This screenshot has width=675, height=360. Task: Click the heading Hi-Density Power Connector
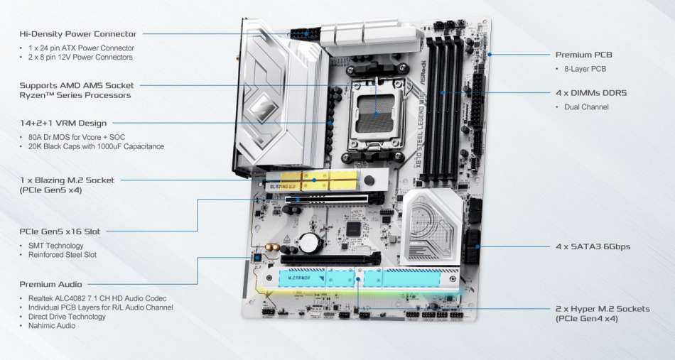click(78, 33)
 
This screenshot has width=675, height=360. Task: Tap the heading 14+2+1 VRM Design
click(63, 123)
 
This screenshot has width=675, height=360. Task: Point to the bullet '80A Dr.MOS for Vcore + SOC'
click(77, 136)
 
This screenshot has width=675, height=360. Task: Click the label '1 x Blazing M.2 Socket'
click(67, 180)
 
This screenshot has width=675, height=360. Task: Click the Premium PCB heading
click(583, 55)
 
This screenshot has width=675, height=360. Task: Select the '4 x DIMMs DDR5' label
click(590, 92)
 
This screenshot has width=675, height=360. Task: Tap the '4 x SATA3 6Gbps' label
click(593, 247)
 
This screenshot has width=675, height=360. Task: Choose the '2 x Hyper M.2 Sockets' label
click(602, 309)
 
